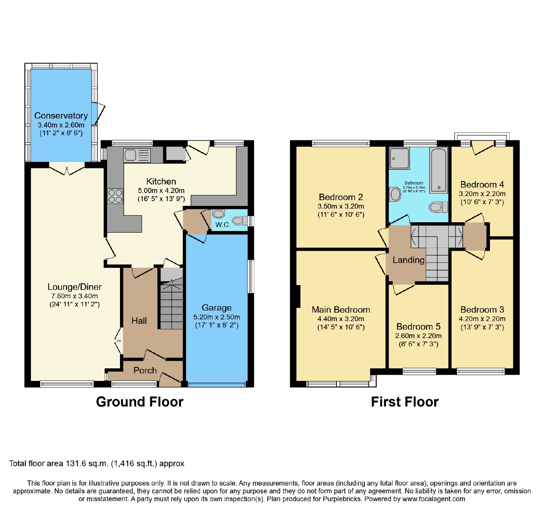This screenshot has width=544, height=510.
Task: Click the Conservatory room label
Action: tap(61, 116)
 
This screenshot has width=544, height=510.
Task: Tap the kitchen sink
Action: tap(137, 155)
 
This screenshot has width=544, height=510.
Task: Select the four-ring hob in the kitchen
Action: tap(115, 196)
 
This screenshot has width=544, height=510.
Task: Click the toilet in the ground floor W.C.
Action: tap(240, 221)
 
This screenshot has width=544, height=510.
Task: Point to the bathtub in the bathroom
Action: tap(439, 170)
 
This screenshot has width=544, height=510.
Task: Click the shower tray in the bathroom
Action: tap(400, 158)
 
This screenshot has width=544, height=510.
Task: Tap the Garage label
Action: tap(217, 307)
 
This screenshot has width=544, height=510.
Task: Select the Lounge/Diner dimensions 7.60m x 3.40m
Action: tap(74, 296)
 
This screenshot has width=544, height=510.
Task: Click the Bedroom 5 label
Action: tap(418, 327)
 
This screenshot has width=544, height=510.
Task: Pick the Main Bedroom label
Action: tap(341, 310)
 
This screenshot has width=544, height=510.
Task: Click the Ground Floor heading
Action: tap(140, 402)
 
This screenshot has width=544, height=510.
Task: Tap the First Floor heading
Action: tap(405, 402)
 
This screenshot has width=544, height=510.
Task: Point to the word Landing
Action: tap(408, 260)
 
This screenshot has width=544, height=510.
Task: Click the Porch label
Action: tap(145, 370)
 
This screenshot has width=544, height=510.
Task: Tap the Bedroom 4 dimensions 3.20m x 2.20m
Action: tap(482, 194)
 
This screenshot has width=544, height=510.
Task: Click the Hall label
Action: tap(139, 321)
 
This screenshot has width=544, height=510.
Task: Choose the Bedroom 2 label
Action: tap(341, 197)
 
